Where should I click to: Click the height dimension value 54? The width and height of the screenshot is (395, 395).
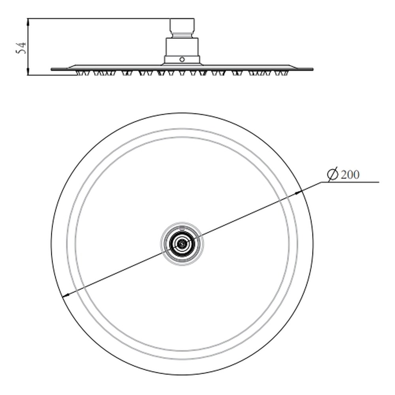(21, 48)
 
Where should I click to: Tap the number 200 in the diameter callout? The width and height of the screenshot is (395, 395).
(350, 175)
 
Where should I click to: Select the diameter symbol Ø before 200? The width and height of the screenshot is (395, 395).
(333, 174)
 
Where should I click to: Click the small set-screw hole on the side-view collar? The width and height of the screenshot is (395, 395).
(182, 60)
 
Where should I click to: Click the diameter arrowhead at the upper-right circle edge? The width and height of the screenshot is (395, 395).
(298, 192)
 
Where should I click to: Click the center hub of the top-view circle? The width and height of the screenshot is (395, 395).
(182, 244)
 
